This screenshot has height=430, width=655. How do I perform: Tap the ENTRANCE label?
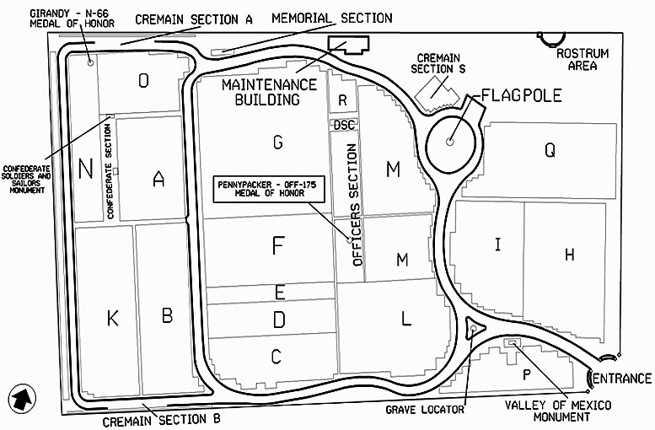click(x=622, y=379)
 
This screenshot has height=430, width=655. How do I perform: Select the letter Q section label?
click(x=550, y=151)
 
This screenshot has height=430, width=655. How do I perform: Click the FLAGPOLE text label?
click(x=515, y=94)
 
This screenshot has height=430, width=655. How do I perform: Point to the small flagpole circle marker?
click(x=450, y=142)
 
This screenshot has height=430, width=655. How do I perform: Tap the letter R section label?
click(x=342, y=100)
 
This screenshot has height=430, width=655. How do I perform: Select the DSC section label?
click(x=344, y=124)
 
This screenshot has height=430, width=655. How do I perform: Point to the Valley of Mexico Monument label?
click(x=558, y=411)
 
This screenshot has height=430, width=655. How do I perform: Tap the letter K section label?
click(x=112, y=319)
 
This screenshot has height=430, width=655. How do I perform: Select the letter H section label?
click(x=569, y=254)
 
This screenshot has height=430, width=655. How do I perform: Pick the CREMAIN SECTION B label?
click(x=161, y=419)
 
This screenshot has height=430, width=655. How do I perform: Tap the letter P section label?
click(x=527, y=374)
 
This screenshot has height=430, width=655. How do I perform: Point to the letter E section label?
click(x=279, y=293)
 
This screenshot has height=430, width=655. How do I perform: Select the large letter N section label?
click(x=85, y=169)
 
